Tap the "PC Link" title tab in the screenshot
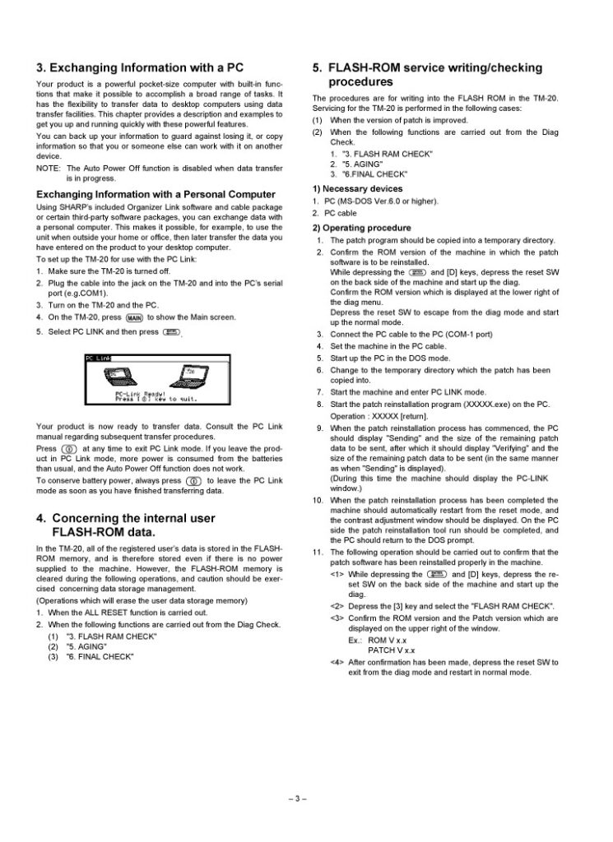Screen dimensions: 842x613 98,358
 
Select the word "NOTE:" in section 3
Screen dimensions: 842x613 49,168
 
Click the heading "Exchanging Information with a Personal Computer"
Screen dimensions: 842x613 155,194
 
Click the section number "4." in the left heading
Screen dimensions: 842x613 41,518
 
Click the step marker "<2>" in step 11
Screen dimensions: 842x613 337,607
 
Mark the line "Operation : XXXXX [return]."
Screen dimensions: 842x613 379,416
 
